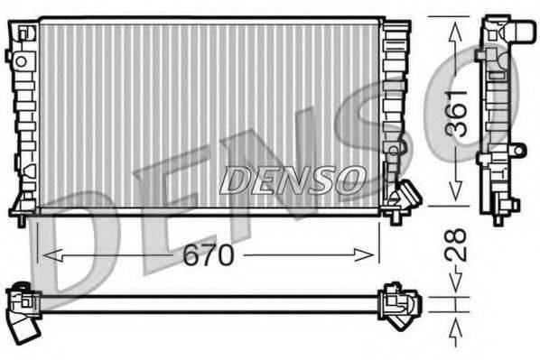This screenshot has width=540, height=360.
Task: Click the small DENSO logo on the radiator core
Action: click(x=292, y=179)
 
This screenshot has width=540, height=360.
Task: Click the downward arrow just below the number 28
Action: click(x=457, y=288)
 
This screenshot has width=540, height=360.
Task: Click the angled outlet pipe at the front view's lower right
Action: click(x=407, y=195)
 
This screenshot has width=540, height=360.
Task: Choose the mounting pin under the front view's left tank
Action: click(x=21, y=217)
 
